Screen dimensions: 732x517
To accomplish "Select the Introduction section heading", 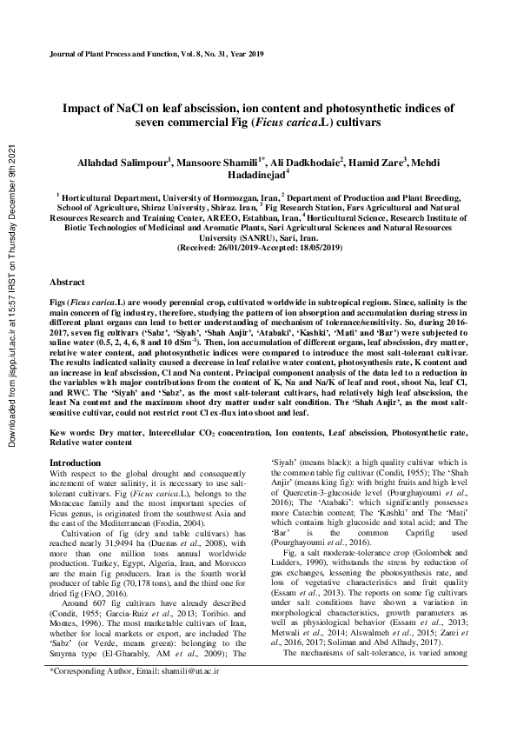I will pyautogui.click(x=76, y=463).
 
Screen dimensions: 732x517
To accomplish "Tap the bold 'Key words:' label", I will pyautogui.click(x=72, y=432).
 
